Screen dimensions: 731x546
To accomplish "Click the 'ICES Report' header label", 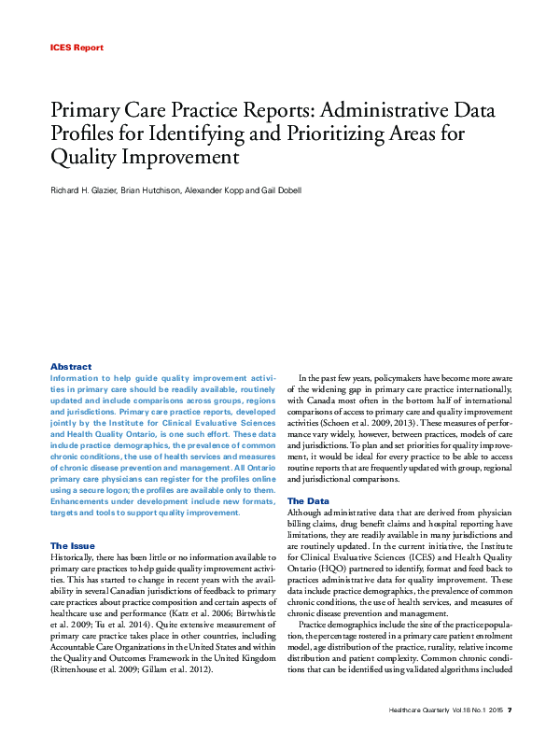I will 76,47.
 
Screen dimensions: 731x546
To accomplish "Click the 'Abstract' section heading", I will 71,367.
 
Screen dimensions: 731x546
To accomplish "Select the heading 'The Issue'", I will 73,545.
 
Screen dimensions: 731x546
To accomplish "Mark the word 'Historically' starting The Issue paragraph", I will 76,556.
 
